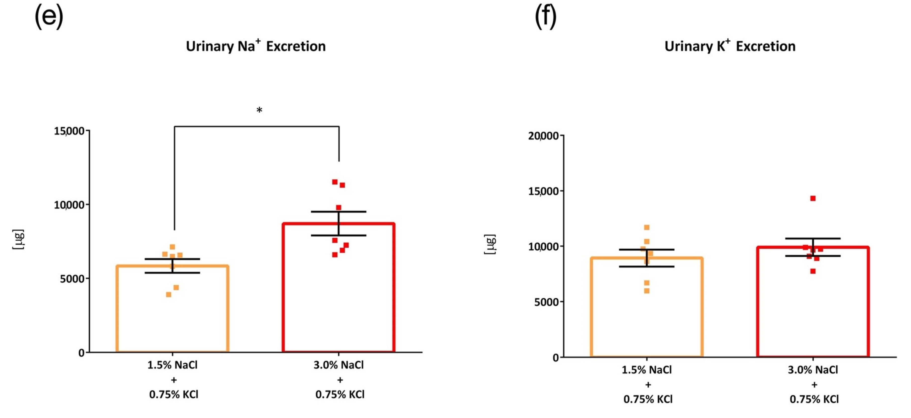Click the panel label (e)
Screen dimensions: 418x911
49,17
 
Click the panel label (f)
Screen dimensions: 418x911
545,17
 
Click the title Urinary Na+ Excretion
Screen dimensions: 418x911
255,46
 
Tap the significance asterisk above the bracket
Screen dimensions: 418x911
259,110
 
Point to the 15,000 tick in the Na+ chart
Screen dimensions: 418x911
69,131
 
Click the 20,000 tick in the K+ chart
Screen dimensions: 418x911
543,136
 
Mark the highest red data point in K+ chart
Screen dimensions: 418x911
813,199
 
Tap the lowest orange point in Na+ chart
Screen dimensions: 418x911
169,294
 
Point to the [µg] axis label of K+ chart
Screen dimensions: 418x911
490,244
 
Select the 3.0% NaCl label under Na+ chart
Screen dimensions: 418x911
339,365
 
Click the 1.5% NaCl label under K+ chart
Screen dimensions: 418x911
646,370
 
